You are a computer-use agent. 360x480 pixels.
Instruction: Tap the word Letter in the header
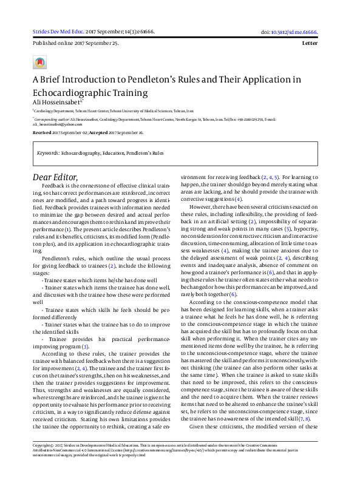pos(318,44)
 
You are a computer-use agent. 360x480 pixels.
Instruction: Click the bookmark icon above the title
pos(39,63)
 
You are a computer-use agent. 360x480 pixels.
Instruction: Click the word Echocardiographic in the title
pos(72,94)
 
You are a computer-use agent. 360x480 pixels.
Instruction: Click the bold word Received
pos(42,132)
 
